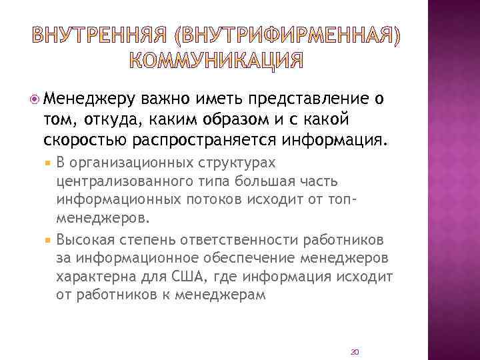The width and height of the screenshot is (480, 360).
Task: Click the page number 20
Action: pyautogui.click(x=355, y=351)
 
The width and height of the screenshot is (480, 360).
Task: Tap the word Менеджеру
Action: pyautogui.click(x=91, y=100)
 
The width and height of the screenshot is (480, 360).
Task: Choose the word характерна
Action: pyautogui.click(x=91, y=276)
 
